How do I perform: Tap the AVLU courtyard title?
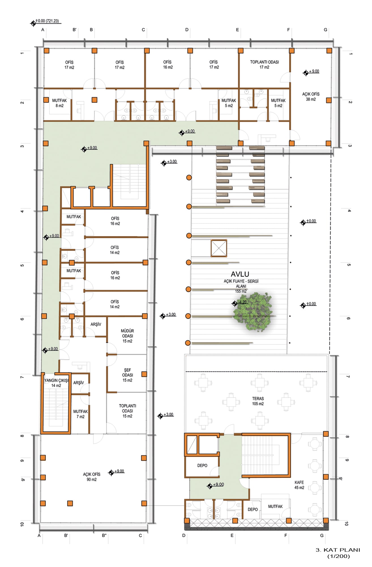coord(240,274)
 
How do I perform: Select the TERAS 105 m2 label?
coord(258,401)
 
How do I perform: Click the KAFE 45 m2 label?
coord(299,485)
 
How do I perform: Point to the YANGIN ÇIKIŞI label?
coord(56,380)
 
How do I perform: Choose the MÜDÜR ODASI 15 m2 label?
coord(127,336)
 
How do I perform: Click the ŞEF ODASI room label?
coord(127,375)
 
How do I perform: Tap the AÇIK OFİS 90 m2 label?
coord(91,477)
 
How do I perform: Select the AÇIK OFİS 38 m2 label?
coord(311,97)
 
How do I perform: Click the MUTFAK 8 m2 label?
coord(59,103)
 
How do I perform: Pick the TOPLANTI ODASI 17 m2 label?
coord(264,65)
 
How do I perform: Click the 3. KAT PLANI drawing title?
coord(338,550)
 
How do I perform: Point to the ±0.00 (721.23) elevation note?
coord(47,21)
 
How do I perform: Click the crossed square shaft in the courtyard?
coord(219,248)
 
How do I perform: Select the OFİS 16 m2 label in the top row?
coord(168,65)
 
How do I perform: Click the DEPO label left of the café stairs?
coord(202,466)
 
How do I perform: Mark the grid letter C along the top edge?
coord(143,30)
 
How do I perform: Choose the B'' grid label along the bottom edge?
coord(104,536)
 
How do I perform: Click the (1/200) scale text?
coord(339,556)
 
